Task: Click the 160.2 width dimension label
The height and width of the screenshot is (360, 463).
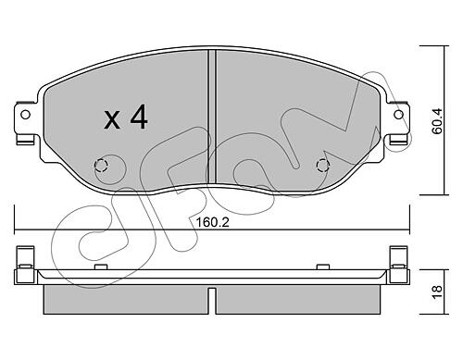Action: click(x=213, y=222)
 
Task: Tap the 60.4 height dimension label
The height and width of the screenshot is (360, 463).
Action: click(x=437, y=121)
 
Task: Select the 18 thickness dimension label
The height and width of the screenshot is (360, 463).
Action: click(x=437, y=292)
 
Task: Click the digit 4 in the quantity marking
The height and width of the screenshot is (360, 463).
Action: click(x=139, y=117)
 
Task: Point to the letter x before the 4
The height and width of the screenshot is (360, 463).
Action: click(x=112, y=120)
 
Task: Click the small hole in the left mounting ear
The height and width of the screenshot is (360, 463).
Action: click(x=25, y=115)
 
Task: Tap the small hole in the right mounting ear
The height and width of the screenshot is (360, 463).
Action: click(x=399, y=115)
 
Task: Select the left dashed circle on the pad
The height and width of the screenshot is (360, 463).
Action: click(x=101, y=166)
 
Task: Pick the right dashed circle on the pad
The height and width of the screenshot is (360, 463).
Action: click(x=323, y=166)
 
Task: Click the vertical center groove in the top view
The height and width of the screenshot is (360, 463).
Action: click(x=212, y=117)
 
